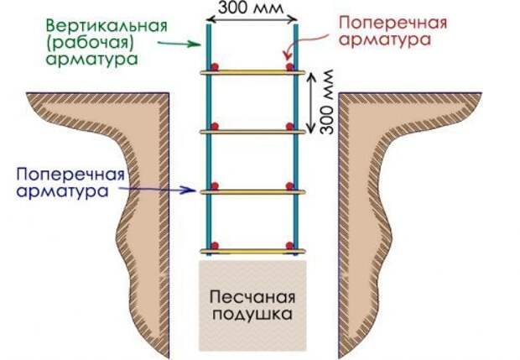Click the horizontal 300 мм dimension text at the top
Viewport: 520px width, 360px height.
[251, 8]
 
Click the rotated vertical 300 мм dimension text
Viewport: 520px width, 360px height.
[327, 102]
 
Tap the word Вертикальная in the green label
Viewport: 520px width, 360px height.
[107, 27]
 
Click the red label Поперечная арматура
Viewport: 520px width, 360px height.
[393, 31]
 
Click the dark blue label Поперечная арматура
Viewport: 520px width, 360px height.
[71, 182]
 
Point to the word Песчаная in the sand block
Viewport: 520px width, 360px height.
[252, 297]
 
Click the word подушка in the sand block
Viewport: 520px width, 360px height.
[252, 314]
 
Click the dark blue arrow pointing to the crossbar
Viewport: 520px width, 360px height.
[157, 190]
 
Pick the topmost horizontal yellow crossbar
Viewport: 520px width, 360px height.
[252, 72]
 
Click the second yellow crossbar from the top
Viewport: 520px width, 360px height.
[252, 132]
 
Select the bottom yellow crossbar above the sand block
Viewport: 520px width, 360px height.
[252, 252]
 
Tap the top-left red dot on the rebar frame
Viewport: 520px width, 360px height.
[215, 66]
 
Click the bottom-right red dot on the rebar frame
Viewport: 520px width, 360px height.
[290, 246]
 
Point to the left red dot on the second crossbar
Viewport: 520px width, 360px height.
[215, 127]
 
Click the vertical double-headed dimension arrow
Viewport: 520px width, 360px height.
[310, 103]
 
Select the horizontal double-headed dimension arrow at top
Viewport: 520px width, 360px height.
[253, 19]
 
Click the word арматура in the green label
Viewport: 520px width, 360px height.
[92, 60]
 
